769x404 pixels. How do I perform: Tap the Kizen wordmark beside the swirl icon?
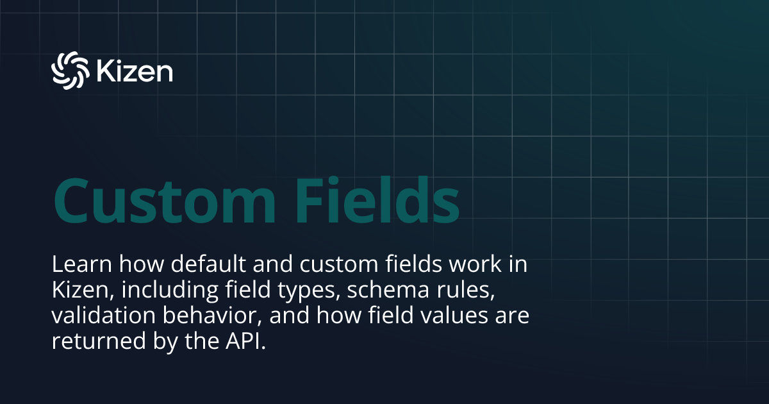135,71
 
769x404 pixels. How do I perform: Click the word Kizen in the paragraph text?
76,290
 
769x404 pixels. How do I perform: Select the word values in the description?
448,317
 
